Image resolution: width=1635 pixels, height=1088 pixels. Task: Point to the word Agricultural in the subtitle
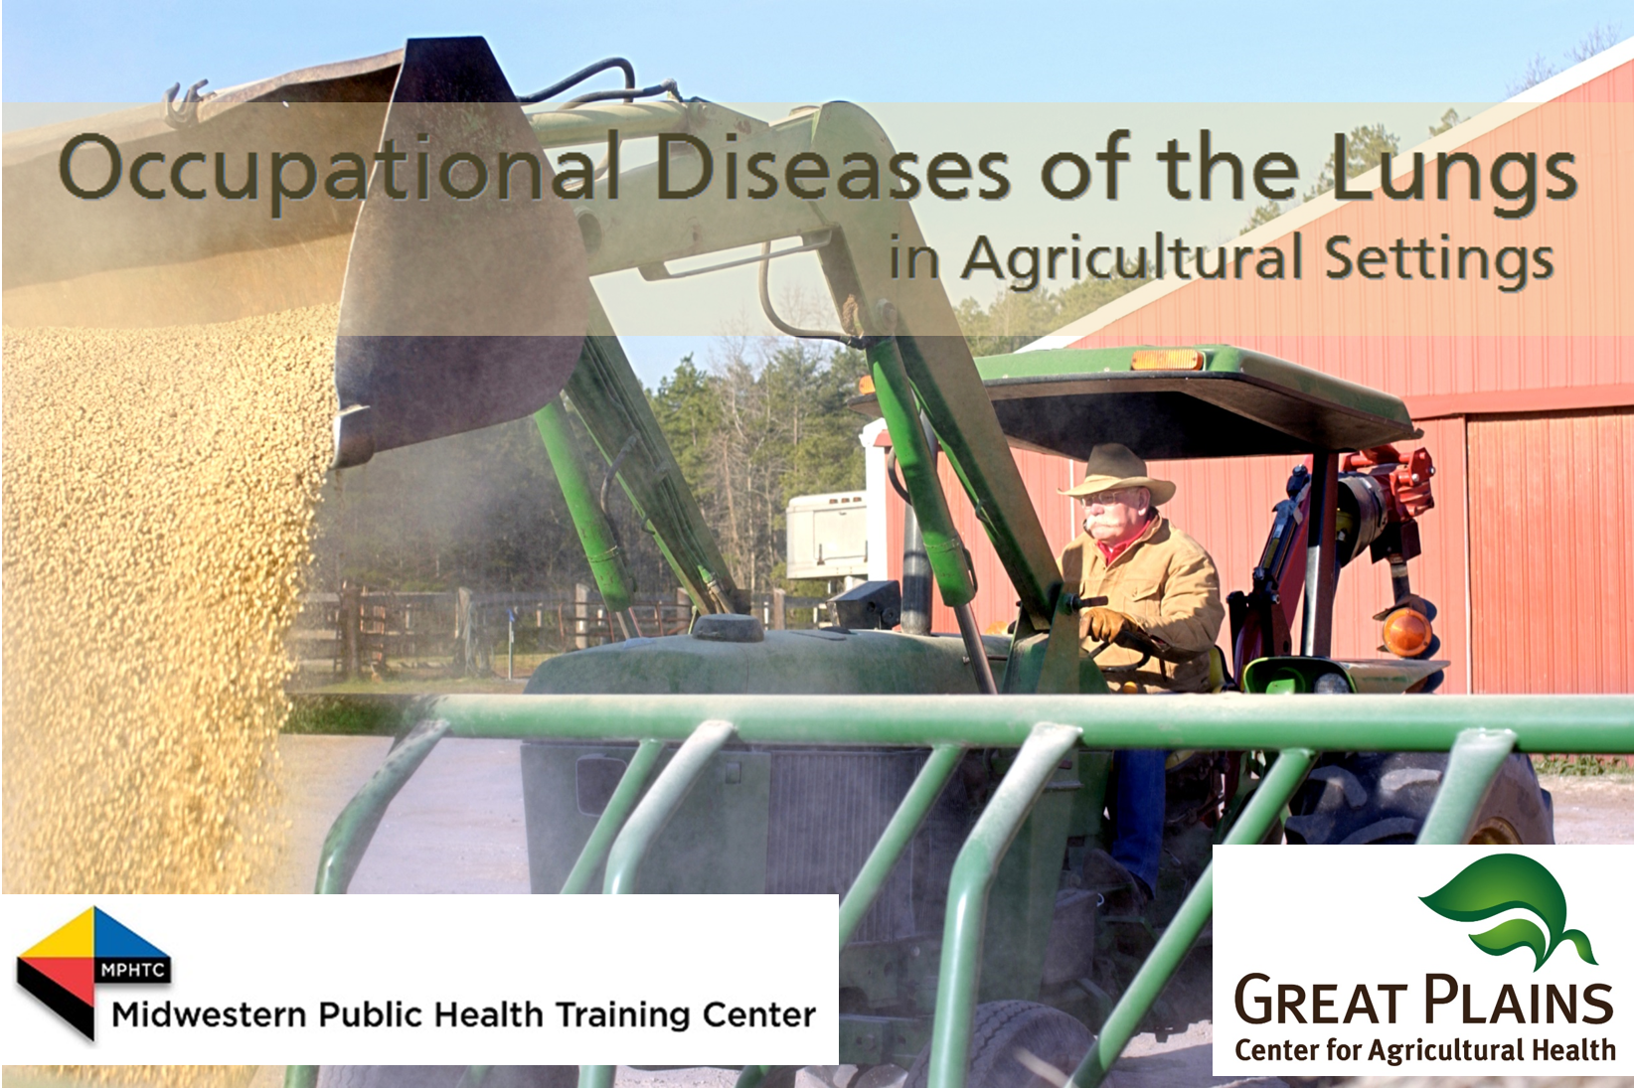pos(1131,260)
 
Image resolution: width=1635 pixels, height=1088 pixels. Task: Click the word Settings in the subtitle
pos(1439,260)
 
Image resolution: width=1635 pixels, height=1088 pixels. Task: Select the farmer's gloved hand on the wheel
pos(1106,624)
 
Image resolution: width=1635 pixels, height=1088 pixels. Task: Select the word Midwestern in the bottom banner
pos(209,1015)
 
